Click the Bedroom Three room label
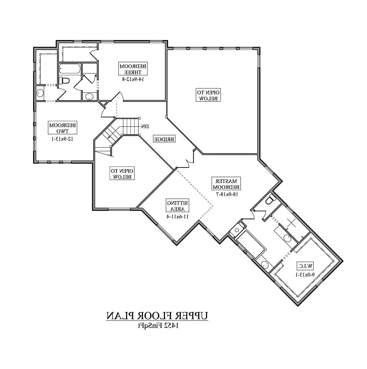pyautogui.click(x=133, y=69)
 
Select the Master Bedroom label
pyautogui.click(x=226, y=183)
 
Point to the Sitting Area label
pyautogui.click(x=178, y=205)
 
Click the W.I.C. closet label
pyautogui.click(x=305, y=266)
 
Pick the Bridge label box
pyautogui.click(x=164, y=139)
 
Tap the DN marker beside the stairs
pyautogui.click(x=145, y=127)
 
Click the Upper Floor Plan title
pyautogui.click(x=157, y=316)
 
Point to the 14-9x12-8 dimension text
pyautogui.click(x=133, y=79)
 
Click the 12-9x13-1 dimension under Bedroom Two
pyautogui.click(x=63, y=138)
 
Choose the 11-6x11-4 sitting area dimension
pyautogui.click(x=178, y=217)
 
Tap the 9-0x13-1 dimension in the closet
pyautogui.click(x=305, y=274)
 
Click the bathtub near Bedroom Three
pyautogui.click(x=70, y=69)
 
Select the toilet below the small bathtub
pyautogui.click(x=64, y=80)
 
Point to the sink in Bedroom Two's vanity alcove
pyautogui.click(x=40, y=93)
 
